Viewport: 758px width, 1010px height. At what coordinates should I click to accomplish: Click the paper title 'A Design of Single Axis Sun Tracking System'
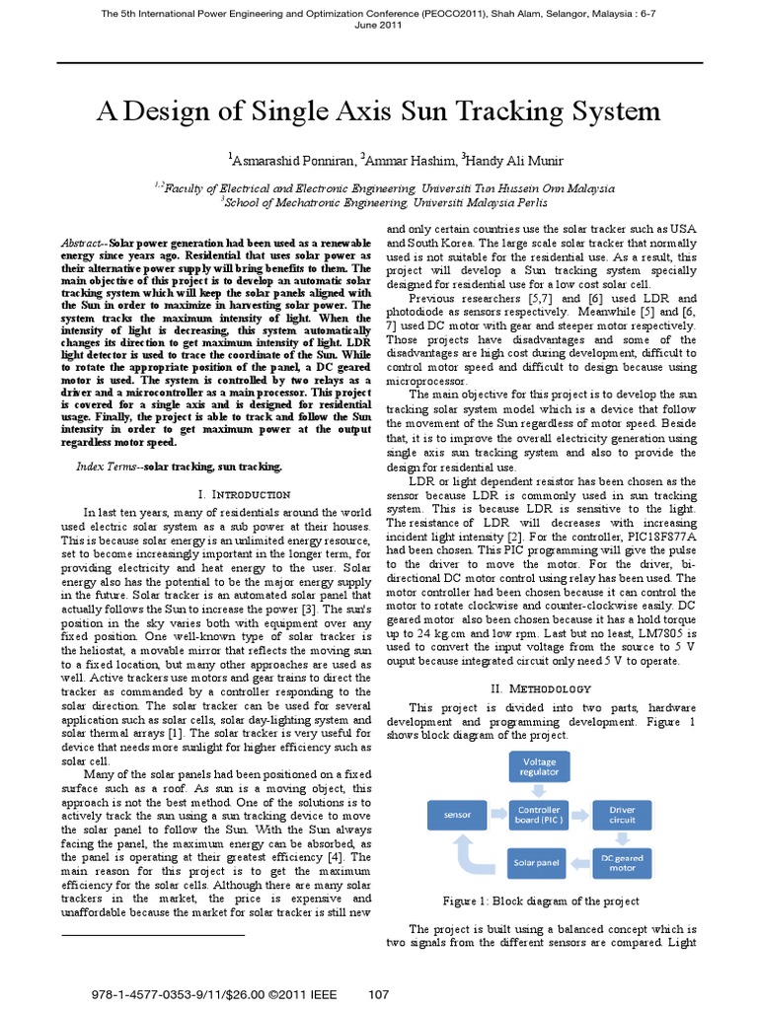(x=378, y=110)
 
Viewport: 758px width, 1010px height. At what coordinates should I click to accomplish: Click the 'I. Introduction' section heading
(x=230, y=493)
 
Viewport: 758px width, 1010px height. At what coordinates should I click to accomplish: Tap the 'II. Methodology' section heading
(x=540, y=687)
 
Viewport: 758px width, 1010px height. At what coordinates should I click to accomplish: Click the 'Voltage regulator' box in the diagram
(x=539, y=767)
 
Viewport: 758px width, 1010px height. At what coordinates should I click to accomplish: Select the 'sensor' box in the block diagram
(x=458, y=815)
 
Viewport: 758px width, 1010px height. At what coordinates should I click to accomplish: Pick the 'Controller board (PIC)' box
(x=539, y=815)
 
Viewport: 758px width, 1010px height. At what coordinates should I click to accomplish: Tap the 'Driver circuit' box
(x=623, y=815)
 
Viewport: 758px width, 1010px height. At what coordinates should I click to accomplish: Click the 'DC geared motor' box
(x=623, y=863)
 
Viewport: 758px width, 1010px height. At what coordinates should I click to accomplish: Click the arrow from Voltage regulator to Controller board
(x=539, y=790)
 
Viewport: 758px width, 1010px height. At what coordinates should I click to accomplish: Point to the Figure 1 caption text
(x=539, y=902)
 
